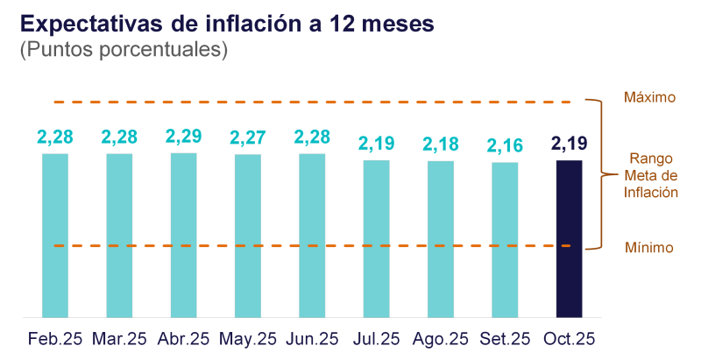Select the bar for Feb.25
pos(55,235)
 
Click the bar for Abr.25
pos(183,235)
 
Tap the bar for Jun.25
pos(312,235)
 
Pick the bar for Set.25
pos(505,238)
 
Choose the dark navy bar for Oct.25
pos(570,237)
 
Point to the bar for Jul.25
pos(377,237)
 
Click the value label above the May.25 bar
pos(248,138)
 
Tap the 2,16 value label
pos(505,145)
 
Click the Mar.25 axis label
pos(120,338)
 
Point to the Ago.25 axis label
pos(441,338)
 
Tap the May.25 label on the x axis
pos(248,338)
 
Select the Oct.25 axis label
pos(570,338)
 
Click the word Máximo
pos(649,98)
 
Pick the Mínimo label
pos(649,248)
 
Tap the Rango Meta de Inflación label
pos(651,176)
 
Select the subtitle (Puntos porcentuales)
pos(124,50)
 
